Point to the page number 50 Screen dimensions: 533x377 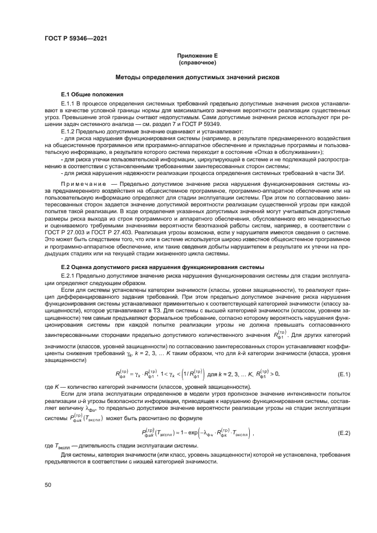point(48,485)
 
